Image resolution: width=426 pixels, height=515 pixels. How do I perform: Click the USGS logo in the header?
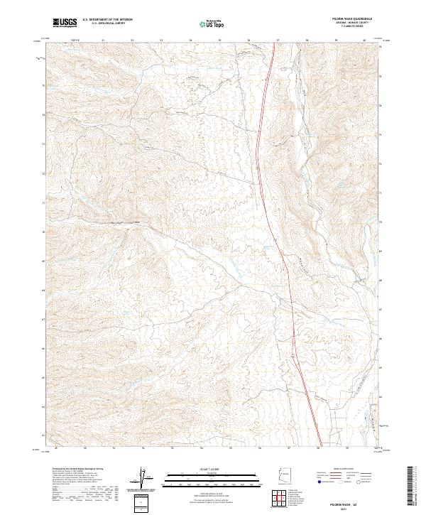point(65,23)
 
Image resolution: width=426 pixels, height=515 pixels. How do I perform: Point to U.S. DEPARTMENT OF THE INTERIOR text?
point(107,20)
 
